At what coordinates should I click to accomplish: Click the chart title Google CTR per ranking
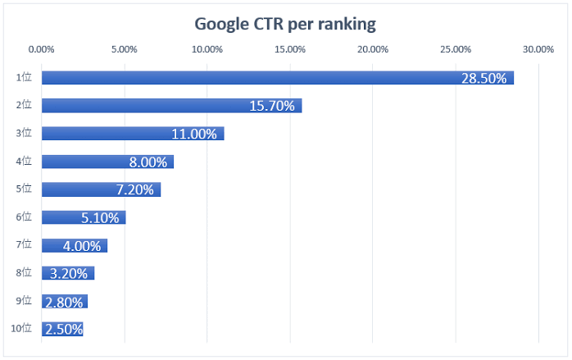coord(285,25)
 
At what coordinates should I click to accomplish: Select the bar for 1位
coord(278,78)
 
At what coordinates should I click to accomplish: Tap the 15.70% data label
coord(272,106)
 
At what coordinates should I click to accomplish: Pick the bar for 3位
coord(133,134)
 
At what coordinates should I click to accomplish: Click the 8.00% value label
coord(148,162)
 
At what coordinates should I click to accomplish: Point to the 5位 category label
coord(24,189)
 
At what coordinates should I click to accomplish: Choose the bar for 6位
coord(84,217)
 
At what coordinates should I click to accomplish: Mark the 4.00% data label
coord(82,246)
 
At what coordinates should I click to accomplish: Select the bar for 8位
coord(68,273)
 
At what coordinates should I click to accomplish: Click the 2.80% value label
coord(64,303)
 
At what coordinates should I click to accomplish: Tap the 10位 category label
coord(21,328)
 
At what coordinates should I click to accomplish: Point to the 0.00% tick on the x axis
coord(41,49)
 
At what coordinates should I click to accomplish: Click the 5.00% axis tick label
coord(125,49)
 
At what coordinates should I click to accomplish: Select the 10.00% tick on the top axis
coord(207,49)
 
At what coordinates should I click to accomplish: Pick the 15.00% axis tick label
coord(290,49)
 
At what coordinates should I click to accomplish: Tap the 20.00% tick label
coord(373,49)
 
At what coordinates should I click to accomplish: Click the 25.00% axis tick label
coord(456,49)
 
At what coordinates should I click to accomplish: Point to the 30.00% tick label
coord(538,49)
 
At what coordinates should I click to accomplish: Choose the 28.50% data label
coord(484,79)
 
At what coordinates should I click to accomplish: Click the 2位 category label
coord(24,105)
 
